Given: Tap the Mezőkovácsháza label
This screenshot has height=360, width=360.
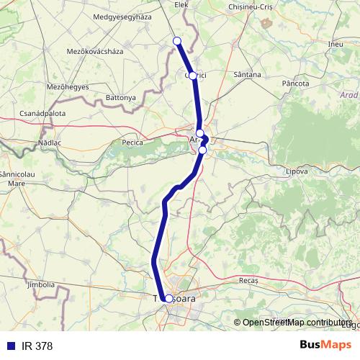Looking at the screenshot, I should pos(95,52).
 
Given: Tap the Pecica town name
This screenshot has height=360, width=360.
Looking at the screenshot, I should pos(132,143).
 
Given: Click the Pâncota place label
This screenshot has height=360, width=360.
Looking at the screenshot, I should pos(295,84).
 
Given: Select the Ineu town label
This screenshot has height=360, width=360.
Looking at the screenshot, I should pos(335,44).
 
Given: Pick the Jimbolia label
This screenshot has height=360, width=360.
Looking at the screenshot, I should pos(40,285).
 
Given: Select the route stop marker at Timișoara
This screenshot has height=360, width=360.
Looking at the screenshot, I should pos(168,298).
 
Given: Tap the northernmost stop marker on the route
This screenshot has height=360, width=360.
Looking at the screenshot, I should pos(177,41).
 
